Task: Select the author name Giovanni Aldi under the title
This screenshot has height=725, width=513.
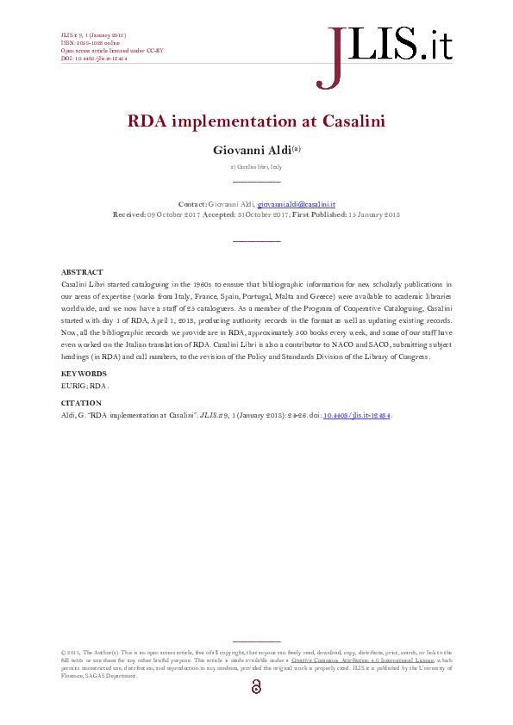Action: pyautogui.click(x=252, y=150)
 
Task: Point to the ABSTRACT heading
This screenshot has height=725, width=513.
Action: pyautogui.click(x=83, y=272)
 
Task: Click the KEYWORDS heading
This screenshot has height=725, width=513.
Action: pyautogui.click(x=84, y=374)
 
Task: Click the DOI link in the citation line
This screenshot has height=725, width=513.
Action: pyautogui.click(x=356, y=415)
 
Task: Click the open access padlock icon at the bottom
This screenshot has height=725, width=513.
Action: pyautogui.click(x=256, y=686)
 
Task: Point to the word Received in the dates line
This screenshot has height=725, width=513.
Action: pyautogui.click(x=129, y=214)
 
